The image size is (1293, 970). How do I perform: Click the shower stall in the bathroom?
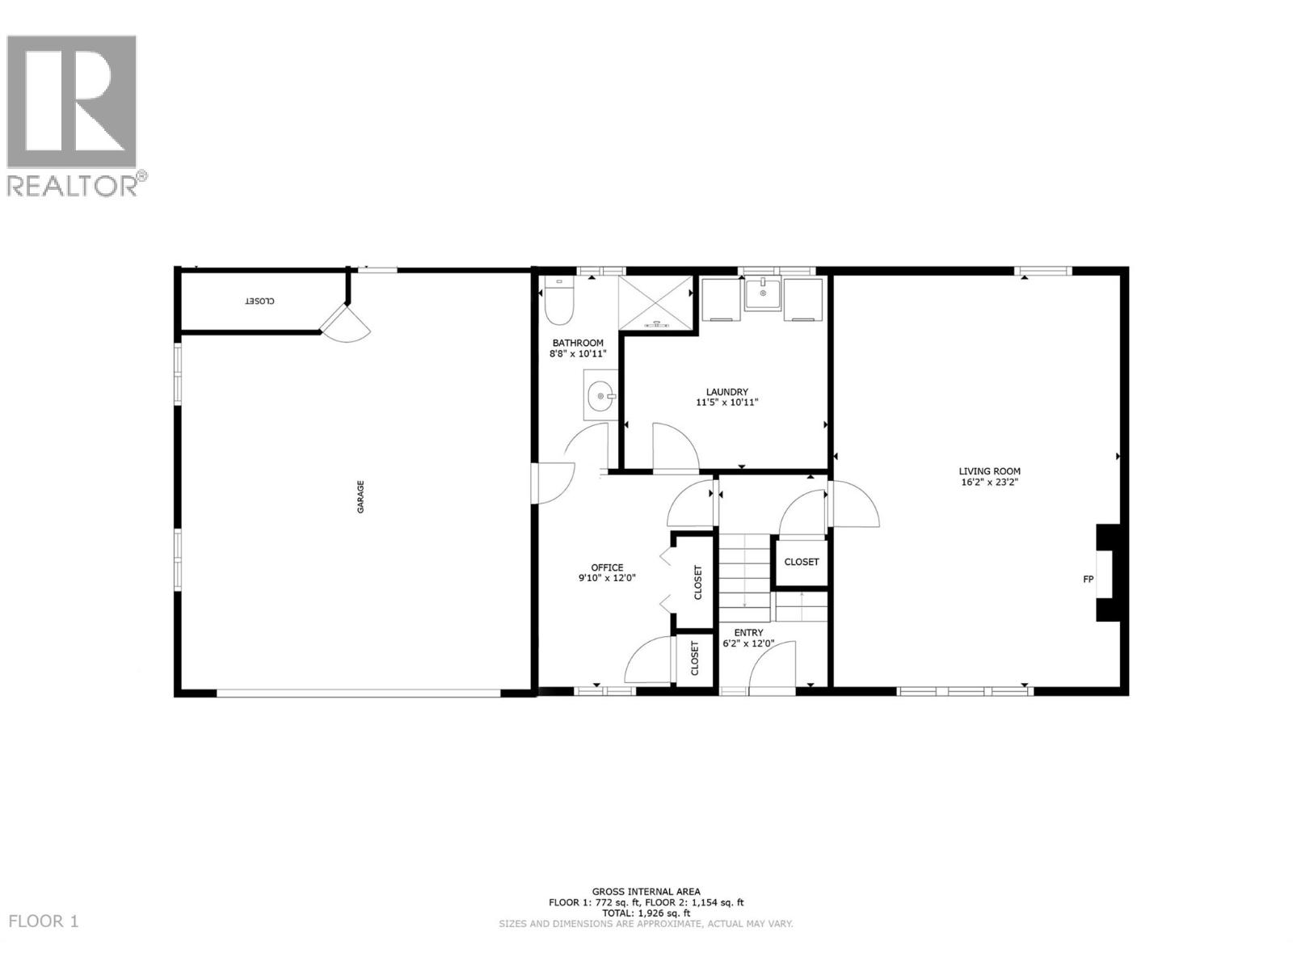tap(655, 302)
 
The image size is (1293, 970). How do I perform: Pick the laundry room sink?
tap(762, 294)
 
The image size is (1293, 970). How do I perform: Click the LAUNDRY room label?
tap(727, 392)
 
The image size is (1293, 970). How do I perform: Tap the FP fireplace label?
tap(1088, 579)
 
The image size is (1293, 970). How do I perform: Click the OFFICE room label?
tap(606, 567)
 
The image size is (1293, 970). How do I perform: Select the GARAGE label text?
tap(361, 496)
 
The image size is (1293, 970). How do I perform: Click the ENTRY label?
tap(748, 633)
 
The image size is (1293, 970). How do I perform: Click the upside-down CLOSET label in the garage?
tap(259, 301)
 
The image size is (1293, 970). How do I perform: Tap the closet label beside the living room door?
tap(801, 562)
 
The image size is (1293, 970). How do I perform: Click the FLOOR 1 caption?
tap(44, 921)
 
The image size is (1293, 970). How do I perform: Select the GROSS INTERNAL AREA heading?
tap(646, 892)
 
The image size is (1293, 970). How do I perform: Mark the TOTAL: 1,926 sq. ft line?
tap(646, 913)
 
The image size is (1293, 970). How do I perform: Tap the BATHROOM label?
tap(578, 343)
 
